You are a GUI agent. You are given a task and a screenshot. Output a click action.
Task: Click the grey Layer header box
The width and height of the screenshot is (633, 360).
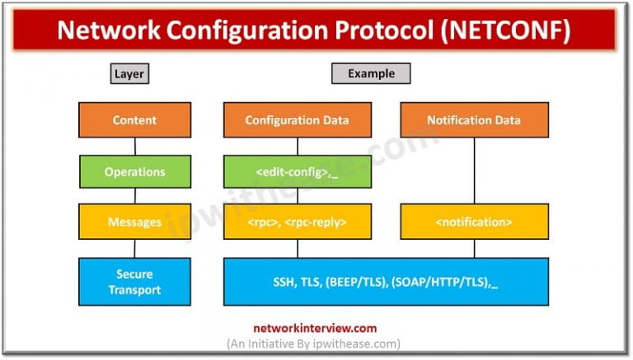(129, 73)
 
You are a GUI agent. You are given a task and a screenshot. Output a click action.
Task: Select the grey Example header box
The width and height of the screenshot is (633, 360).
(371, 73)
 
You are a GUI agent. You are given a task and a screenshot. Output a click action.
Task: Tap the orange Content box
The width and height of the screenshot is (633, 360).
(135, 120)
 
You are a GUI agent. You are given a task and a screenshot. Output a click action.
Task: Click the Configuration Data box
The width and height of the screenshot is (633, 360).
(298, 120)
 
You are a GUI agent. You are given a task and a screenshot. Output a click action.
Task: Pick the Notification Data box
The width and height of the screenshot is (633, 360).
(475, 120)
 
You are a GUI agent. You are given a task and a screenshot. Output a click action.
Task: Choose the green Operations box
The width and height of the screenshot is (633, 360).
(135, 171)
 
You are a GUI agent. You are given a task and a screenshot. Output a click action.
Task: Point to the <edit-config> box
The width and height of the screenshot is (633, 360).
(298, 171)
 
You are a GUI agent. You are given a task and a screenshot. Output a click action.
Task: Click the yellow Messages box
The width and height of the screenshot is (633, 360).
(135, 222)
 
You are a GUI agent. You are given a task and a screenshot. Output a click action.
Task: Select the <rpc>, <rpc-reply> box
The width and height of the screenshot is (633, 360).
(298, 222)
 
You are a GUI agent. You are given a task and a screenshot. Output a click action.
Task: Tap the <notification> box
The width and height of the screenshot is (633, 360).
(475, 222)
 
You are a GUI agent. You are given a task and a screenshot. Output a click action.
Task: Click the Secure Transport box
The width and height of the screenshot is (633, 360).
(135, 282)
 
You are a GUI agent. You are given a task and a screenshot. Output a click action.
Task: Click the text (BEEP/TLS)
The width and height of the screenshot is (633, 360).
(356, 282)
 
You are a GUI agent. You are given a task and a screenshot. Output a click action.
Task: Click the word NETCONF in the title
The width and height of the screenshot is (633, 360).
(505, 30)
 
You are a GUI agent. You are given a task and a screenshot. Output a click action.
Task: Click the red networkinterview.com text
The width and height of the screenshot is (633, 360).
(315, 328)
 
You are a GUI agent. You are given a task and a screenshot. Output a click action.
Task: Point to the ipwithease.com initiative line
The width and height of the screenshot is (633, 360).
(314, 344)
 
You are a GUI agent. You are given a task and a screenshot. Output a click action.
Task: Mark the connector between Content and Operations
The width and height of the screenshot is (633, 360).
(135, 147)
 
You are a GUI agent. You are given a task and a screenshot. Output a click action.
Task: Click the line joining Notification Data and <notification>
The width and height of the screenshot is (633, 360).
(475, 171)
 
